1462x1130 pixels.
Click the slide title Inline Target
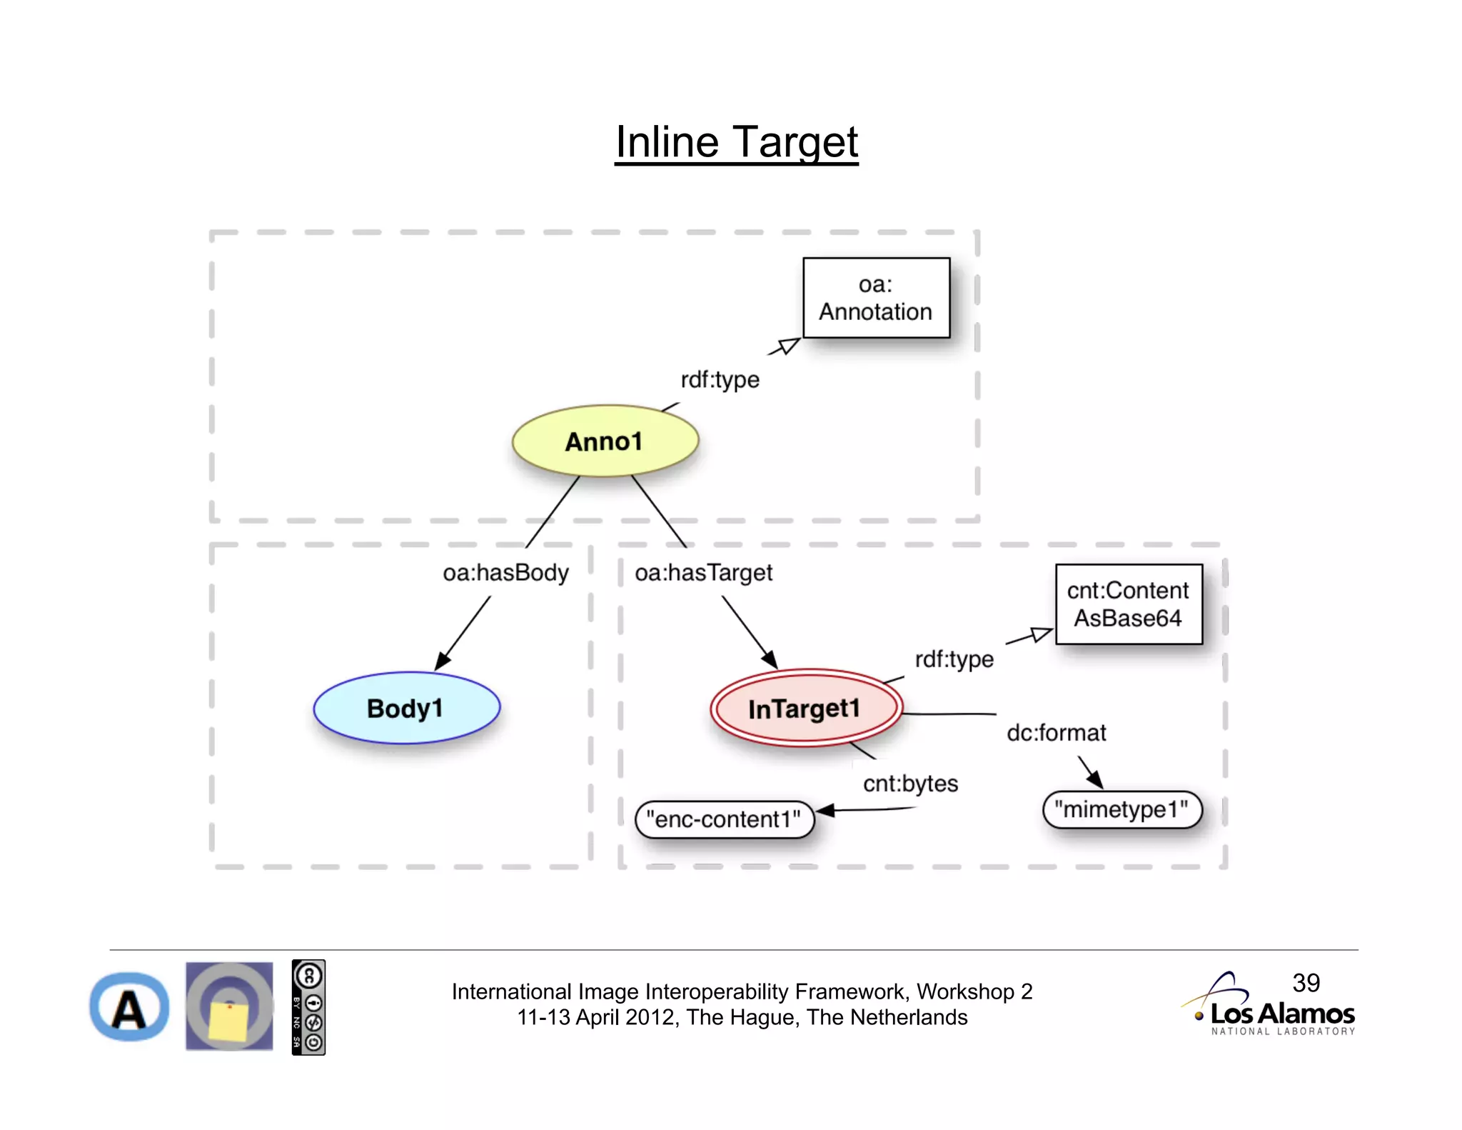[x=736, y=142]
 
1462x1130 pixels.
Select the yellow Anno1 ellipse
[x=605, y=441]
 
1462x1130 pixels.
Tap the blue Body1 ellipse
[x=406, y=708]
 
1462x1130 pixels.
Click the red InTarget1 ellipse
[x=805, y=709]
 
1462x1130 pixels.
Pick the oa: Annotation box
[x=876, y=298]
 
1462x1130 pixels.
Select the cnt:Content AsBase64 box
[x=1128, y=604]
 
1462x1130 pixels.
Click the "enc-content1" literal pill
[x=724, y=819]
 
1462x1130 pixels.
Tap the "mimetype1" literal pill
[x=1121, y=809]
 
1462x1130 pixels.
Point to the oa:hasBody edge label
[x=505, y=573]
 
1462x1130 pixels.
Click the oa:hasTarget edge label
[x=703, y=573]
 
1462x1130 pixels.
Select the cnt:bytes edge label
[x=910, y=784]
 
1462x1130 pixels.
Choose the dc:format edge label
[x=1056, y=733]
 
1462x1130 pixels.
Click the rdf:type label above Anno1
[x=720, y=379]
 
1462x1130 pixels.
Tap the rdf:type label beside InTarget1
[x=954, y=659]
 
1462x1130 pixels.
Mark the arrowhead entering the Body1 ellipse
[x=443, y=661]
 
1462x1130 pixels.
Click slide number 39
[x=1306, y=983]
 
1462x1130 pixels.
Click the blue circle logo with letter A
[x=129, y=1007]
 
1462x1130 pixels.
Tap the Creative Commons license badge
[x=308, y=1007]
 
